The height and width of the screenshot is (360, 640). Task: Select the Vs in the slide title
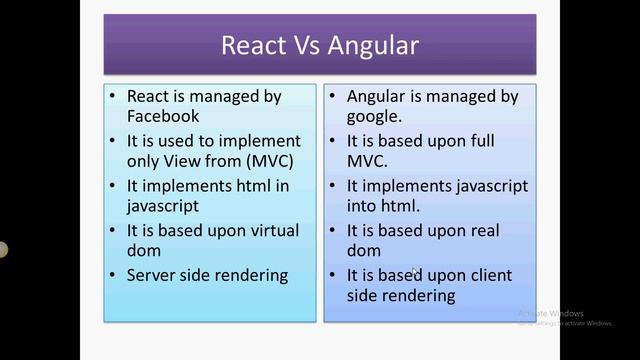[x=309, y=45]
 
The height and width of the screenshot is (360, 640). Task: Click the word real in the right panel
[x=482, y=230]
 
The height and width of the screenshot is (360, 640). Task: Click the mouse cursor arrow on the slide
[x=416, y=272]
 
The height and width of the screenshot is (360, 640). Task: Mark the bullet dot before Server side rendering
[x=116, y=274]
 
